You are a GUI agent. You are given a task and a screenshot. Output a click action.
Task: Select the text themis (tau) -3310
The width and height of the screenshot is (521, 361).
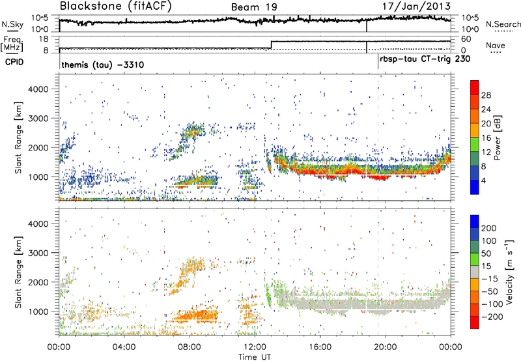point(102,65)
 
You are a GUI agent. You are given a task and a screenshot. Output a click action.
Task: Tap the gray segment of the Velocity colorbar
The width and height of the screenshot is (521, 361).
point(475,274)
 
